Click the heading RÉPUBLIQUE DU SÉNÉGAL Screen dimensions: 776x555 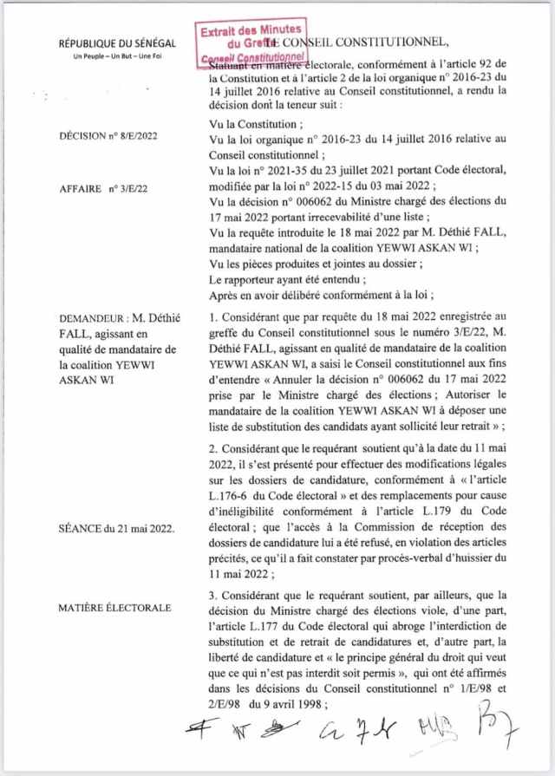tap(117, 43)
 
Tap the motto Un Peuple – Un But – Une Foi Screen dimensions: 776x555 tap(117, 57)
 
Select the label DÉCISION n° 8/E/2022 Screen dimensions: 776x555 tap(108, 137)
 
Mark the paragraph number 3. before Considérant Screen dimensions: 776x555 tap(214, 597)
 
